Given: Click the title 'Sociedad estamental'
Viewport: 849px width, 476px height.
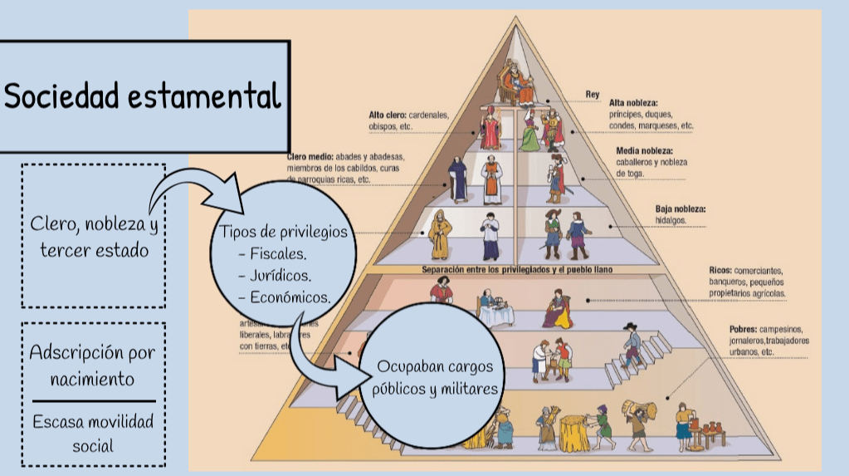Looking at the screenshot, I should tap(143, 97).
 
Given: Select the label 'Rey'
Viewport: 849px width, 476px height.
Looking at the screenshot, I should tap(593, 95).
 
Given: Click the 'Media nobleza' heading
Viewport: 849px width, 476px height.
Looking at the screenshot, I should tap(644, 150).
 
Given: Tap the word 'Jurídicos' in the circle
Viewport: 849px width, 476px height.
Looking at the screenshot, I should tap(282, 275).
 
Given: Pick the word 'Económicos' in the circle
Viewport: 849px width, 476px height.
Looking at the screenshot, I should tap(289, 296).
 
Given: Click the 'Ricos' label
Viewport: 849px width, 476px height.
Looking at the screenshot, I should tap(720, 271).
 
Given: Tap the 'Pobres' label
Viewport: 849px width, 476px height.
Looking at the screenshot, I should tap(722, 329).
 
